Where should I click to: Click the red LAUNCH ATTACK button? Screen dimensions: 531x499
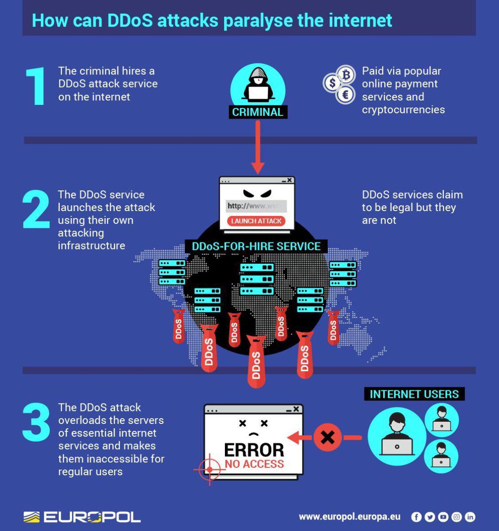[256, 221]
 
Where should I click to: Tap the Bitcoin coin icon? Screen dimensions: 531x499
[346, 75]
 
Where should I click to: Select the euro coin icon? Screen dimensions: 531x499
[345, 94]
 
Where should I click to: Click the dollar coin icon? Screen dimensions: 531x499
[333, 83]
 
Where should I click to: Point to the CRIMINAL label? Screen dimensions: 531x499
[258, 112]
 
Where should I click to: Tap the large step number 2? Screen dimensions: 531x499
[36, 209]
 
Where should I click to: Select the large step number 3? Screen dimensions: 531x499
[36, 422]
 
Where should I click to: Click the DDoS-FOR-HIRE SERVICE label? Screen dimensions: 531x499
[256, 246]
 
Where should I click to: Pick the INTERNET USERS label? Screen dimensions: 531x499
[414, 394]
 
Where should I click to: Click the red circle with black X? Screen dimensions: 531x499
[327, 438]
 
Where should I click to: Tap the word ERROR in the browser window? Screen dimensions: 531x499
[254, 450]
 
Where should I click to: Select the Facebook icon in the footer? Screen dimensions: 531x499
[416, 516]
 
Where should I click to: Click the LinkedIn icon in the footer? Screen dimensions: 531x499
[470, 516]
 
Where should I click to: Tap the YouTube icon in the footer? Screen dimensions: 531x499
[443, 516]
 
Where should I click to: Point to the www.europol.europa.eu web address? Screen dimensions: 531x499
[349, 516]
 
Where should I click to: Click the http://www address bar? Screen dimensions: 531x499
[256, 206]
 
